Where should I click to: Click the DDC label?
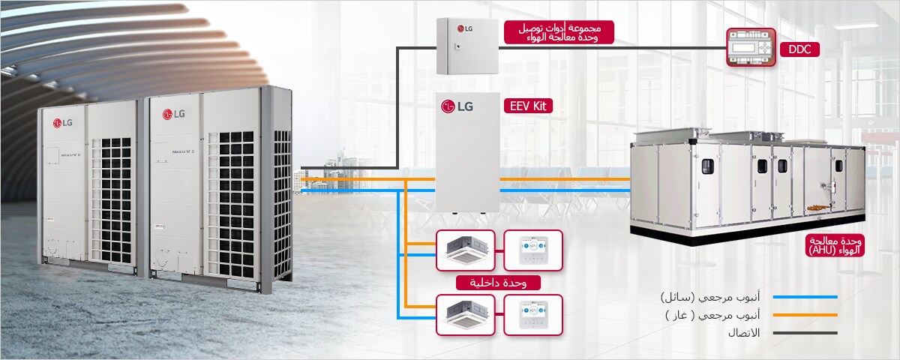(799, 50)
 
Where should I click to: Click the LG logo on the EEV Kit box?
(457, 106)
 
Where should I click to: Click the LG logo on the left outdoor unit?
(62, 123)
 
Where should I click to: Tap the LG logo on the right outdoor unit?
(173, 114)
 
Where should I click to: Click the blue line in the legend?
(805, 297)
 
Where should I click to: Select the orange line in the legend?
(805, 315)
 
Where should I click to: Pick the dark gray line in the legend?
(805, 332)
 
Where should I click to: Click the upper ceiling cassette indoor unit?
(465, 250)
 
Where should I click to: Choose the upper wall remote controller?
(532, 250)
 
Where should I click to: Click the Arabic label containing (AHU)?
(834, 245)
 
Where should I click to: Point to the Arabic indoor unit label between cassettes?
(498, 283)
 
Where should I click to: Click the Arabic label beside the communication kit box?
(558, 32)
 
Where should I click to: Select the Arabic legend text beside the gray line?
(739, 332)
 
